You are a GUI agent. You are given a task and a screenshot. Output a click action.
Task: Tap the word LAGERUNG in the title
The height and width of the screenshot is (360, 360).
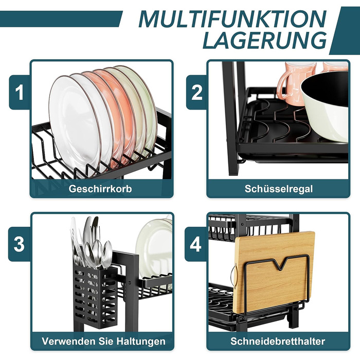pyautogui.click(x=265, y=40)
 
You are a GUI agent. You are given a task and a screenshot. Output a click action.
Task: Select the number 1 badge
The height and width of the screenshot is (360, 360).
pyautogui.click(x=20, y=92)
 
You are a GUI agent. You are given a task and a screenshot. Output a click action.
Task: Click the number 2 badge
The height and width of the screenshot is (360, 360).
pyautogui.click(x=196, y=92)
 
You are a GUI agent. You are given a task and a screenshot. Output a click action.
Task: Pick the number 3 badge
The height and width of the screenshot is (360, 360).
pyautogui.click(x=19, y=244)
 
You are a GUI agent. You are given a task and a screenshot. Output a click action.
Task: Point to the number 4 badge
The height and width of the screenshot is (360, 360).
pyautogui.click(x=196, y=244)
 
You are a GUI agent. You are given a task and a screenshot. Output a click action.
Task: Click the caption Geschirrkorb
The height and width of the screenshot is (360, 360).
pyautogui.click(x=100, y=189)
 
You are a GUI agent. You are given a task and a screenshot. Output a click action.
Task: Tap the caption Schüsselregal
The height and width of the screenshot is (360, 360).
pyautogui.click(x=279, y=189)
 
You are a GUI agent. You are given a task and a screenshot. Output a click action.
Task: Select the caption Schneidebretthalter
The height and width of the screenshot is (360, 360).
pyautogui.click(x=278, y=341)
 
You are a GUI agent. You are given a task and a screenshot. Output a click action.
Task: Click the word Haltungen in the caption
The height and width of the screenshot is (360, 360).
pyautogui.click(x=141, y=341)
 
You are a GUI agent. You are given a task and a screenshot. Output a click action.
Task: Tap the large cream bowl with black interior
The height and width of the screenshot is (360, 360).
pyautogui.click(x=325, y=105)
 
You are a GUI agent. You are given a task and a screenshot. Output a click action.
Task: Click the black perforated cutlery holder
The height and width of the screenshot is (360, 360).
pyautogui.click(x=96, y=296)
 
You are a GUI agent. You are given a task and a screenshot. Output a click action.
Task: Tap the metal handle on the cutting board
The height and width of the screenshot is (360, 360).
pyautogui.click(x=232, y=275)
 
